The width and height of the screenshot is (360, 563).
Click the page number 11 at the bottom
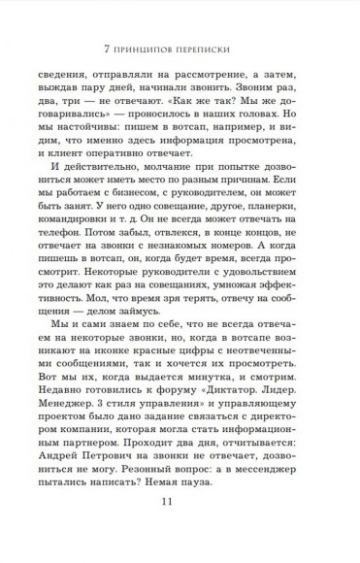point(180,530)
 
